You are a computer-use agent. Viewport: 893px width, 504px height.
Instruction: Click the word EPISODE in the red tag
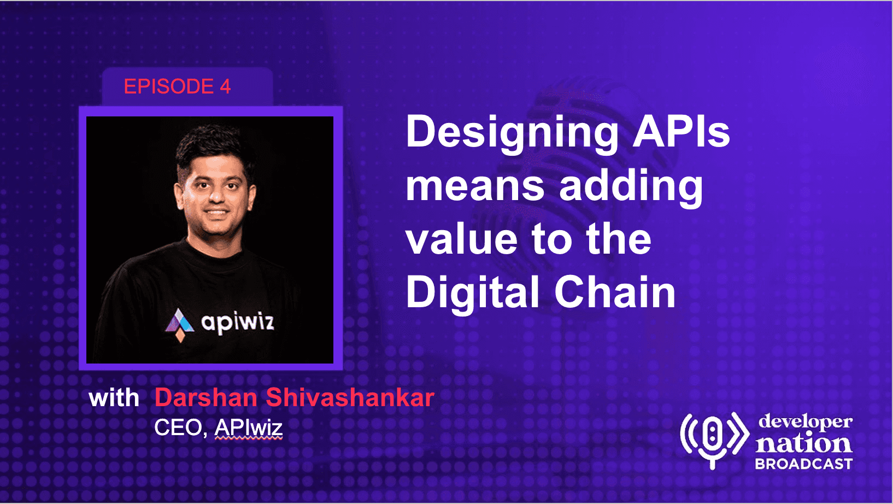[x=169, y=86]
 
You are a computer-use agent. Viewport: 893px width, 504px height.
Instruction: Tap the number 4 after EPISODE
[x=225, y=86]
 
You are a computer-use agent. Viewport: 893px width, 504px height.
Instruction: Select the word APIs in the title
[x=682, y=132]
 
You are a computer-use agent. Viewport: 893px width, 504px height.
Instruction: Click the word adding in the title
[x=631, y=189]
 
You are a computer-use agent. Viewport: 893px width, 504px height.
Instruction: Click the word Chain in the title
[x=615, y=291]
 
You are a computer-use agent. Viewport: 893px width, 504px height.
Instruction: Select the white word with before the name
[x=114, y=397]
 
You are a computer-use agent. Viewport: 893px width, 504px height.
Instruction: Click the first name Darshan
[x=205, y=397]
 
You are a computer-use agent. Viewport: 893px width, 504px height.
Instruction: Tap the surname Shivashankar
[x=350, y=397]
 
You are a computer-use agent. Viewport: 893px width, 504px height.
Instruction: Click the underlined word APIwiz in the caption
[x=248, y=428]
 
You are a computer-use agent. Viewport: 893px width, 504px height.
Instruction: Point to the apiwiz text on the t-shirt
[x=238, y=323]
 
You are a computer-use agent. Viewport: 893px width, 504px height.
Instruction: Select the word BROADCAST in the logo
[x=804, y=464]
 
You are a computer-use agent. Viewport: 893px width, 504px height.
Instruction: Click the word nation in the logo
[x=804, y=443]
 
